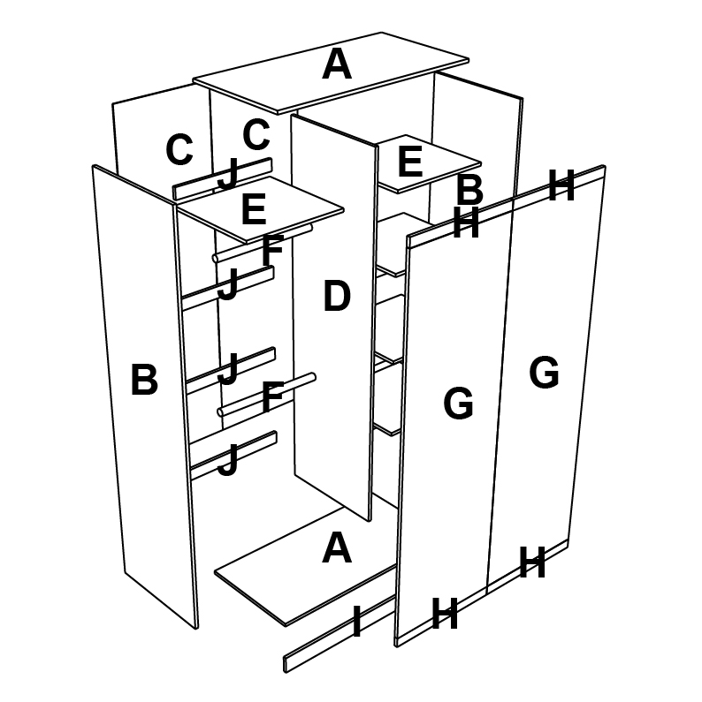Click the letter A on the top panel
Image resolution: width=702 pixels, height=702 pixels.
(337, 64)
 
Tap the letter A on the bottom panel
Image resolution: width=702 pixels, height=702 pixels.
(337, 548)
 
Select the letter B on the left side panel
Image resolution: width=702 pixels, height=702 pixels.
(144, 381)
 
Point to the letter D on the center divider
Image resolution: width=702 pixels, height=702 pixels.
(337, 298)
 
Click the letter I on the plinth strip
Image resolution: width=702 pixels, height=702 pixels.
(356, 622)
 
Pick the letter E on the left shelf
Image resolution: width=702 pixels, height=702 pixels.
(253, 211)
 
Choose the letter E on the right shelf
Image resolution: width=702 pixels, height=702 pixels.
(410, 162)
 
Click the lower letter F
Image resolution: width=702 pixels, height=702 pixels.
(272, 397)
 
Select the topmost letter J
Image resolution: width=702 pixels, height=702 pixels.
(228, 174)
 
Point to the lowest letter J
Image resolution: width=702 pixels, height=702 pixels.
(228, 461)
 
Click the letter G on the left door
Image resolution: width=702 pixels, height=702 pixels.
(458, 404)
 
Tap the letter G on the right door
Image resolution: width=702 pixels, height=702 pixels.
(544, 373)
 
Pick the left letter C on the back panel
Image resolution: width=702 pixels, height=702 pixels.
(179, 150)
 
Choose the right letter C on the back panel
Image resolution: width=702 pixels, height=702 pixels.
(256, 135)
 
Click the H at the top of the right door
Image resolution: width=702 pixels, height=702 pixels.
(561, 186)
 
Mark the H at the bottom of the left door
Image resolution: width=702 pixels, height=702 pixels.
(444, 614)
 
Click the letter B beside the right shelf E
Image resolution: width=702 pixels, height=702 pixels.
(469, 190)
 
